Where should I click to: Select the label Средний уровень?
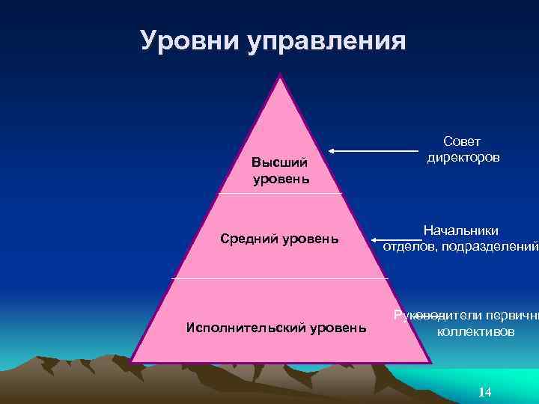(x=279, y=239)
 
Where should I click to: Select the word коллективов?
(x=475, y=331)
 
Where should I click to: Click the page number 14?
(x=484, y=393)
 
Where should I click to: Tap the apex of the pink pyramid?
(x=281, y=76)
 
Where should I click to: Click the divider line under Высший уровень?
(x=279, y=193)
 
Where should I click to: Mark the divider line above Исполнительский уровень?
(x=279, y=278)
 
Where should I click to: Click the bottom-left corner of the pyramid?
(x=132, y=361)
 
